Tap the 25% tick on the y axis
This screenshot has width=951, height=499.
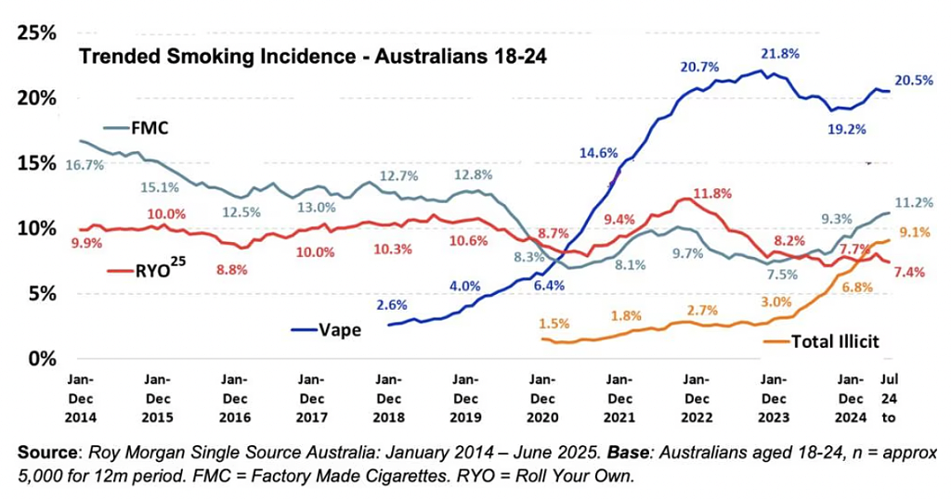coord(36,32)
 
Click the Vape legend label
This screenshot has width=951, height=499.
coord(342,328)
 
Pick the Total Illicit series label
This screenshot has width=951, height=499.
coord(834,341)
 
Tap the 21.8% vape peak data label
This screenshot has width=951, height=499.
coord(779,54)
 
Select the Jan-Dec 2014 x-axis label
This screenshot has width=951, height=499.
coord(80,398)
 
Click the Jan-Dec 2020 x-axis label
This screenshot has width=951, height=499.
coord(541,398)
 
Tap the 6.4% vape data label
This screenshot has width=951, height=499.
coord(549,286)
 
